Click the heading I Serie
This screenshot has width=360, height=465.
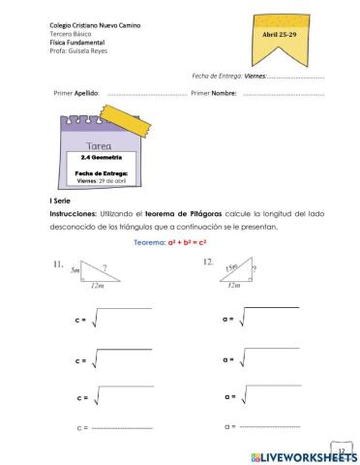pos(62,198)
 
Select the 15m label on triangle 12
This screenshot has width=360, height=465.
pos(230,266)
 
